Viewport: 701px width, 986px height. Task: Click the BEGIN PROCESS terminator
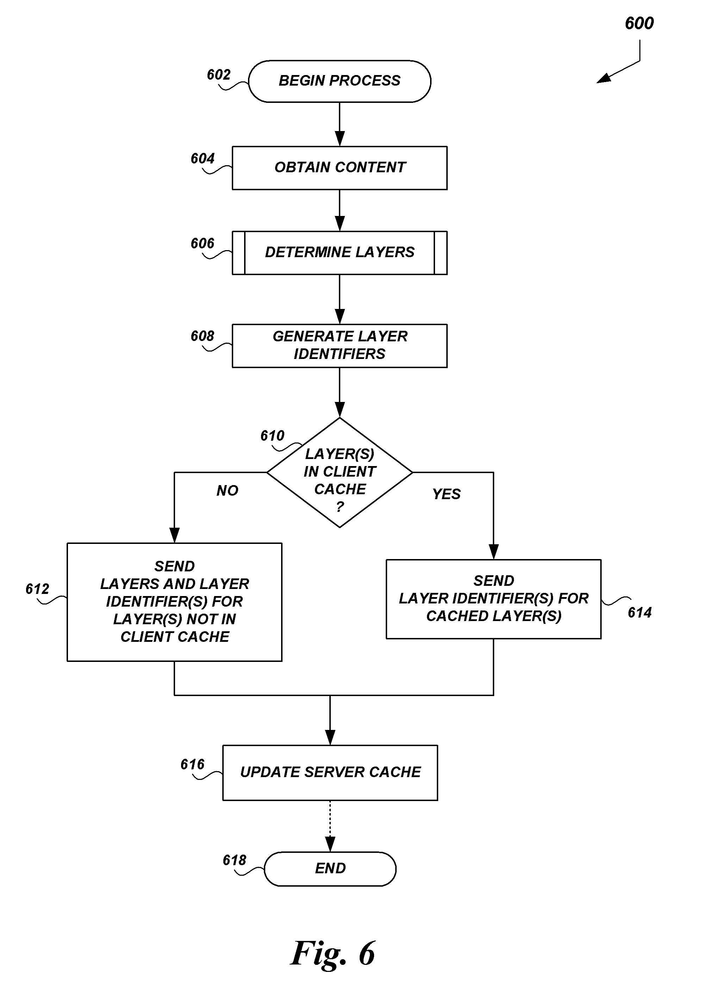(x=339, y=81)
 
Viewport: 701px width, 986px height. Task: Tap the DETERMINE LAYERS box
(x=339, y=253)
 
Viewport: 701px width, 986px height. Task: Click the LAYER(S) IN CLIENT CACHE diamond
(x=340, y=472)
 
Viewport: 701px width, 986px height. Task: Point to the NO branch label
(x=227, y=490)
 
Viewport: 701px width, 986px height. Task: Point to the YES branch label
(x=446, y=494)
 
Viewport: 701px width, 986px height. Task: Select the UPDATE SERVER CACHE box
(x=330, y=772)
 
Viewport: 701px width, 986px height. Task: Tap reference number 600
(x=639, y=23)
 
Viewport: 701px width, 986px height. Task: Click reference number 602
(x=218, y=75)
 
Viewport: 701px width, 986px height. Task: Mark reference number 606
(x=203, y=243)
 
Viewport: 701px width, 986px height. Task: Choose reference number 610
(x=272, y=436)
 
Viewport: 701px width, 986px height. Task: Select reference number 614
(x=639, y=613)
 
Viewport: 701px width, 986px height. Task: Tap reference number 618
(x=234, y=860)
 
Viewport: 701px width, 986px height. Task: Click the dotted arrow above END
(x=330, y=825)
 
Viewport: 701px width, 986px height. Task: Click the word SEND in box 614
(x=494, y=581)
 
